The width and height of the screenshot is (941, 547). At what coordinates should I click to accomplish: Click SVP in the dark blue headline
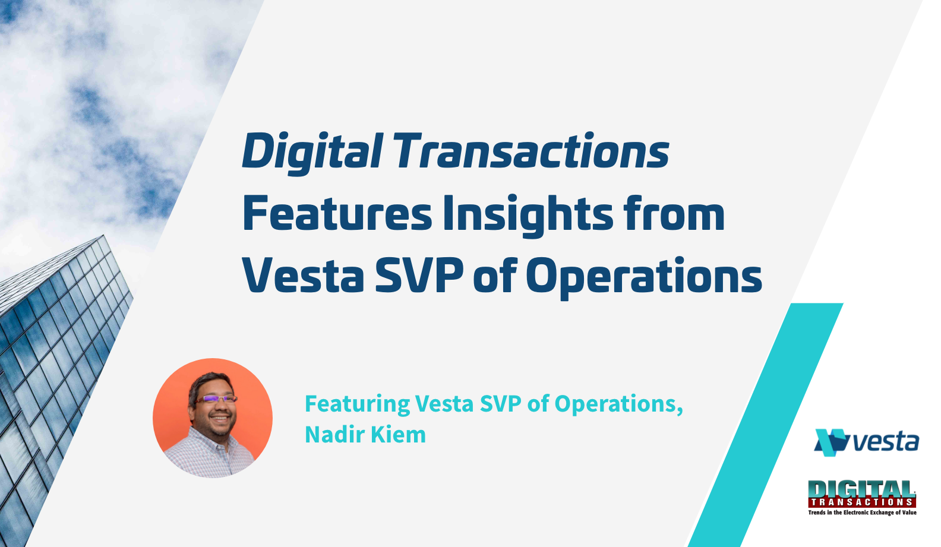point(419,276)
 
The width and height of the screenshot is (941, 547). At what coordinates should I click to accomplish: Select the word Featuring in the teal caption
point(357,404)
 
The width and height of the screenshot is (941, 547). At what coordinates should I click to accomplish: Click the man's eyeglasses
point(217,399)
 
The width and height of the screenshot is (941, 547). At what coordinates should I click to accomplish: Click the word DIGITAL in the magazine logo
point(861,489)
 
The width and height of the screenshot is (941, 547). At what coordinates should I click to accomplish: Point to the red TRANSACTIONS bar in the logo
point(862,502)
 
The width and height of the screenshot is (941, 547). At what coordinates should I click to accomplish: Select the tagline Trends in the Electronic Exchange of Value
point(862,512)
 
